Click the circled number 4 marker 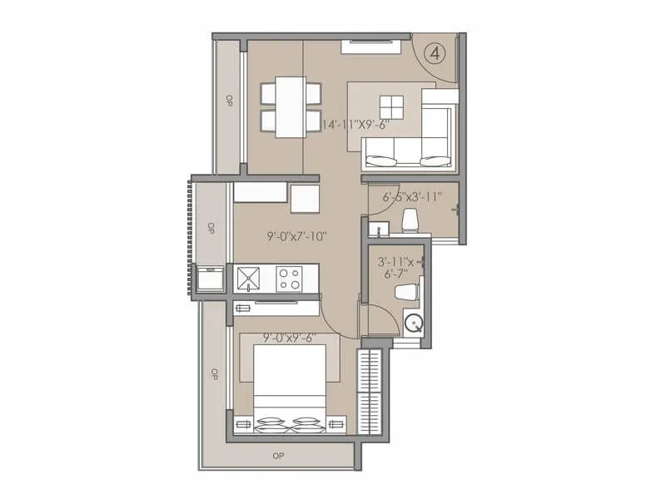[x=435, y=52]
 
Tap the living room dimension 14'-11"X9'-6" [x=367, y=124]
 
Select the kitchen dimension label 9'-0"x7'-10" [x=297, y=236]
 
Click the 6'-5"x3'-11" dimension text [x=411, y=198]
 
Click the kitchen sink [x=248, y=278]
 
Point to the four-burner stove [x=289, y=278]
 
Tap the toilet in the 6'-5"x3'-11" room [x=409, y=220]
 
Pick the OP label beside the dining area [x=229, y=101]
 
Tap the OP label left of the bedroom [x=213, y=373]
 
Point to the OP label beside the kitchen [x=211, y=227]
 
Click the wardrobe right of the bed [x=371, y=391]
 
